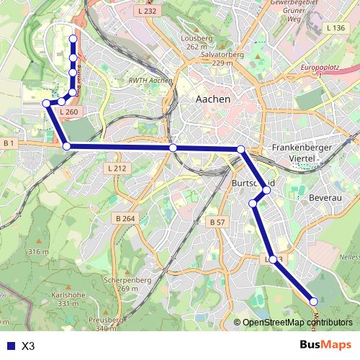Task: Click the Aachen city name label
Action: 212,99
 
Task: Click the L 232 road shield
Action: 145,12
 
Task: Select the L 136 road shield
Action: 336,27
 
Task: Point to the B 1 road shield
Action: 9,143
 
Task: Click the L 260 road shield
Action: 69,112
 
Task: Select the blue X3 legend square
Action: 9,346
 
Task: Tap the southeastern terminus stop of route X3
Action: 313,301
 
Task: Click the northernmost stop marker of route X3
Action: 73,39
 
